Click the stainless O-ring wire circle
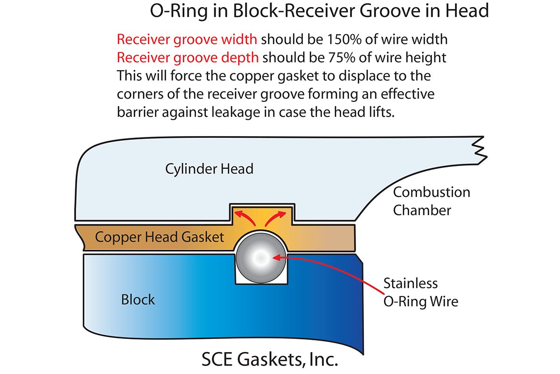pos(260,257)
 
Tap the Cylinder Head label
pos(209,168)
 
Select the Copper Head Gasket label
pos(160,237)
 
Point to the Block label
pos(138,299)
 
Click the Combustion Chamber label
pos(431,201)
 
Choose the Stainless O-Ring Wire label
pos(420,292)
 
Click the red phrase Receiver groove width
pos(188,39)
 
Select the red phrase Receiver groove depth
pos(188,58)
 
